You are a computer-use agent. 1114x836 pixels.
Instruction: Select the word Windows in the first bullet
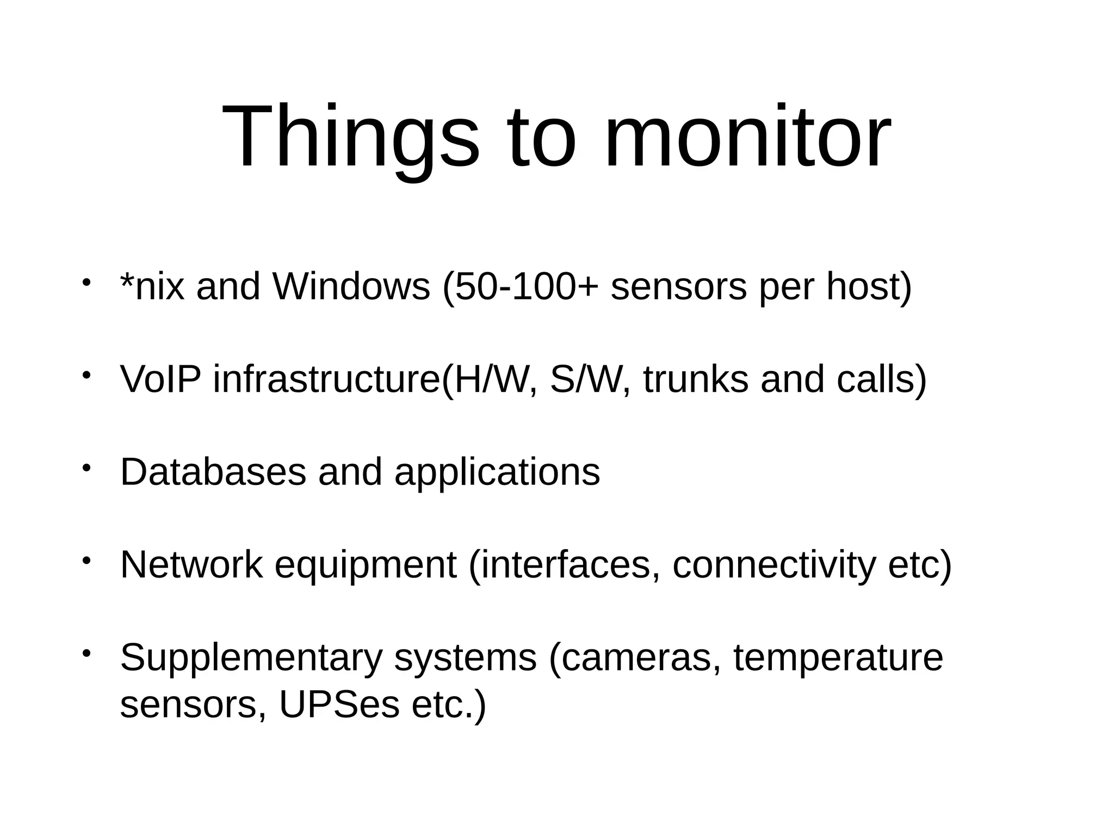click(351, 287)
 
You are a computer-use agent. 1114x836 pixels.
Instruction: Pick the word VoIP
click(160, 379)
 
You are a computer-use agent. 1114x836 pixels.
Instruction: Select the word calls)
click(881, 379)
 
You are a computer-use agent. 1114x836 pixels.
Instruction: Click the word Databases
click(213, 472)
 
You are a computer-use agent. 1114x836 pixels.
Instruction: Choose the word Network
click(191, 565)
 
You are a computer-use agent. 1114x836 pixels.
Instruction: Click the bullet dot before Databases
click(86, 468)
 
